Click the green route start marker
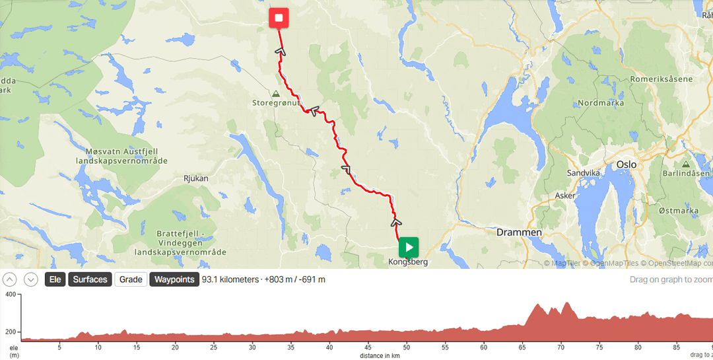409,248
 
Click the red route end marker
279,18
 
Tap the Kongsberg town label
409,262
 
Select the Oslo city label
626,164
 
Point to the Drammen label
519,233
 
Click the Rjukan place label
195,178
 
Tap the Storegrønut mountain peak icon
275,94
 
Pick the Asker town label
565,196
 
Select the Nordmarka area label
599,103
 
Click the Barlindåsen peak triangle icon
686,164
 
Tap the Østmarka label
678,211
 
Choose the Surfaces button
90,279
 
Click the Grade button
131,279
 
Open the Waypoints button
174,279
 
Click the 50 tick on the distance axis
407,346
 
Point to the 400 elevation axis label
10,294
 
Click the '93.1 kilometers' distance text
230,279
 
